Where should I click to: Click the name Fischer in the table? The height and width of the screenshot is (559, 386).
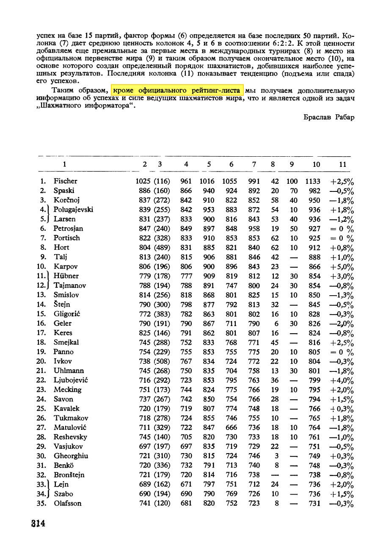pyautogui.click(x=65, y=181)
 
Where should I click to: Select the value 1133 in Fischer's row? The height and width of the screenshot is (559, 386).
pyautogui.click(x=313, y=181)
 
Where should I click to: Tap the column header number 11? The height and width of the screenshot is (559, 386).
pyautogui.click(x=343, y=164)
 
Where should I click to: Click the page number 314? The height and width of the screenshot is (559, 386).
pyautogui.click(x=38, y=523)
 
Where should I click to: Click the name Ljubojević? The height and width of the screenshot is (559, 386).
pyautogui.click(x=71, y=380)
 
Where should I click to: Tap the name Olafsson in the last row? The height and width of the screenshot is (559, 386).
pyautogui.click(x=68, y=504)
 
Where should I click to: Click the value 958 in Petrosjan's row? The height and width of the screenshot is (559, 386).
pyautogui.click(x=254, y=229)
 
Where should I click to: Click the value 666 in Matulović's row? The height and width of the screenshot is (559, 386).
pyautogui.click(x=231, y=428)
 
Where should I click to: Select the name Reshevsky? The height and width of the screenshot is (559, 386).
pyautogui.click(x=70, y=437)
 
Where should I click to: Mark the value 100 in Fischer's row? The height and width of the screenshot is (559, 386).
pyautogui.click(x=292, y=181)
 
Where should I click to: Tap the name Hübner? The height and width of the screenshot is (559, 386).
pyautogui.click(x=66, y=276)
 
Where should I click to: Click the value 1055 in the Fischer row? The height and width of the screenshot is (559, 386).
pyautogui.click(x=230, y=181)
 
